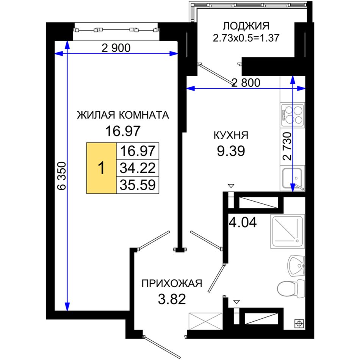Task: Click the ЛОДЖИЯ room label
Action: point(246,26)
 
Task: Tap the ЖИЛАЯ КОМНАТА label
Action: point(123,115)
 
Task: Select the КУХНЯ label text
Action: point(231,135)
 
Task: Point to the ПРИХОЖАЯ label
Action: point(172,283)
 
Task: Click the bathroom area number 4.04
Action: point(243,222)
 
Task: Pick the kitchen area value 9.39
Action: point(231,151)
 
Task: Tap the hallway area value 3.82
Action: point(172,299)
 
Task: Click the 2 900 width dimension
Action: point(116,48)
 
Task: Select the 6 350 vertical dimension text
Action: point(62,176)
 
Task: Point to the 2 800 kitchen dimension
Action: point(246,83)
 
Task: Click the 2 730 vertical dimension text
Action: point(287,146)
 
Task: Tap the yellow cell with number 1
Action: point(101,168)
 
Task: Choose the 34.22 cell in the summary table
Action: point(138,168)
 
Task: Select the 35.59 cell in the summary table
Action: point(138,185)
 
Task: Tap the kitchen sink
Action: point(292,178)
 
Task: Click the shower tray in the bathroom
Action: point(288,232)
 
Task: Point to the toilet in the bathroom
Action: point(291,288)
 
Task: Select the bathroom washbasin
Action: point(296,266)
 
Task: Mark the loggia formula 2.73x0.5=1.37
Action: point(246,38)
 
